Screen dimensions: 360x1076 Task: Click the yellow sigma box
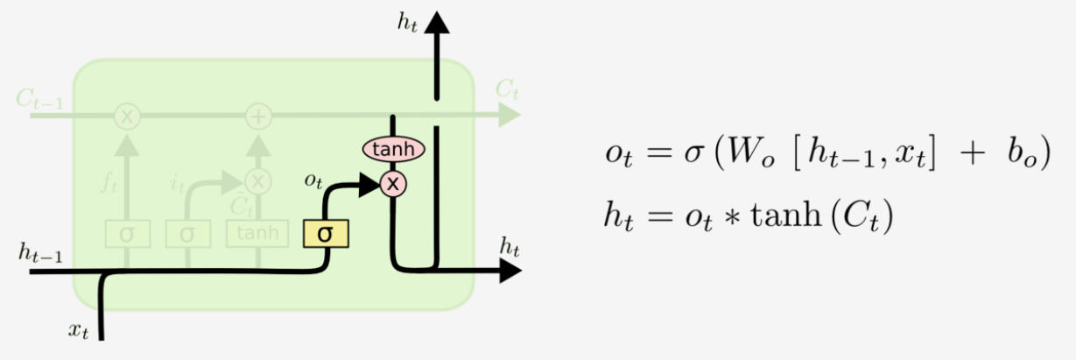[326, 233]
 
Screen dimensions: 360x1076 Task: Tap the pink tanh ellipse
[393, 150]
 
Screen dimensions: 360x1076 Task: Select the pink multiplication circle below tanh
[393, 183]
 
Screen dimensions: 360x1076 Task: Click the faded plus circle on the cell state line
[258, 115]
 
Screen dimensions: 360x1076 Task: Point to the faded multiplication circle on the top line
[128, 115]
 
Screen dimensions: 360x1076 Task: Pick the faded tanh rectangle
[258, 233]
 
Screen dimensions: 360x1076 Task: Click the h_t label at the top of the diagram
[407, 23]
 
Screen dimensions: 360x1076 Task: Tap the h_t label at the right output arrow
[510, 248]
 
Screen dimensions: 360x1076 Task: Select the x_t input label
[79, 329]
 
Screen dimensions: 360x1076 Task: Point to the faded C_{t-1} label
[39, 96]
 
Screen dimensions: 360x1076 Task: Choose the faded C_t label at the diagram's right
[508, 88]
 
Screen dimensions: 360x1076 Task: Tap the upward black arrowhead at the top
[436, 21]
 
